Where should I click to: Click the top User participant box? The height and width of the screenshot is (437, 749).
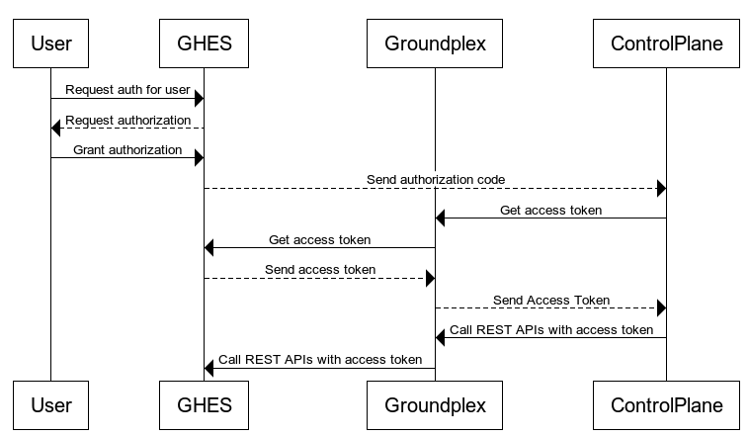pyautogui.click(x=51, y=44)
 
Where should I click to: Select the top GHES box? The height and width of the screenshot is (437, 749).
pyautogui.click(x=205, y=44)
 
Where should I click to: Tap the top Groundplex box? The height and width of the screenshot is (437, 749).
pyautogui.click(x=435, y=44)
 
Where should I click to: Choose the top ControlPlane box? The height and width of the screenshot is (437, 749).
pyautogui.click(x=666, y=44)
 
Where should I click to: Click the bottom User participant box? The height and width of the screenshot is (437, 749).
pyautogui.click(x=51, y=404)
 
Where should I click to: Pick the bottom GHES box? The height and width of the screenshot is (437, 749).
pyautogui.click(x=205, y=404)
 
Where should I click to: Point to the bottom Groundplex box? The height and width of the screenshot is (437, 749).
pyautogui.click(x=435, y=404)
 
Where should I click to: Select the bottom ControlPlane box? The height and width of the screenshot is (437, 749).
pyautogui.click(x=666, y=404)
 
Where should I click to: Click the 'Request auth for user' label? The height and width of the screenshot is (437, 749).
pyautogui.click(x=127, y=90)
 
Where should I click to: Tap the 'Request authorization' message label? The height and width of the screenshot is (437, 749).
pyautogui.click(x=127, y=120)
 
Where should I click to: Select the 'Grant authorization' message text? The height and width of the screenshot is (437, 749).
pyautogui.click(x=127, y=149)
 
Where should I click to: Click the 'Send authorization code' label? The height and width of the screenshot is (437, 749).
pyautogui.click(x=436, y=179)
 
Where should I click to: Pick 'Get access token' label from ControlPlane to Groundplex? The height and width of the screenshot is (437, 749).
pyautogui.click(x=550, y=210)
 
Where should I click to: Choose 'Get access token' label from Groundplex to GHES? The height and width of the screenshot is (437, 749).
pyautogui.click(x=320, y=239)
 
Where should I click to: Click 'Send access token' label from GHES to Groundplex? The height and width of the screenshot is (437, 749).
pyautogui.click(x=320, y=269)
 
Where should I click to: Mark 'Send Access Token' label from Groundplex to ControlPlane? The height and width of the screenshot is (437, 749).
pyautogui.click(x=550, y=300)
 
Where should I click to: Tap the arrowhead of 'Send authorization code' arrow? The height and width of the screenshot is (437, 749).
pyautogui.click(x=661, y=188)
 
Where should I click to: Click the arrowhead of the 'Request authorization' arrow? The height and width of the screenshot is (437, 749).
pyautogui.click(x=57, y=128)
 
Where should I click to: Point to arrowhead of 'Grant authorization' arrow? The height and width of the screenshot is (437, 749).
pyautogui.click(x=199, y=158)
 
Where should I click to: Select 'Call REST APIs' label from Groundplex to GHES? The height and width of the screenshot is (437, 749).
pyautogui.click(x=320, y=359)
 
